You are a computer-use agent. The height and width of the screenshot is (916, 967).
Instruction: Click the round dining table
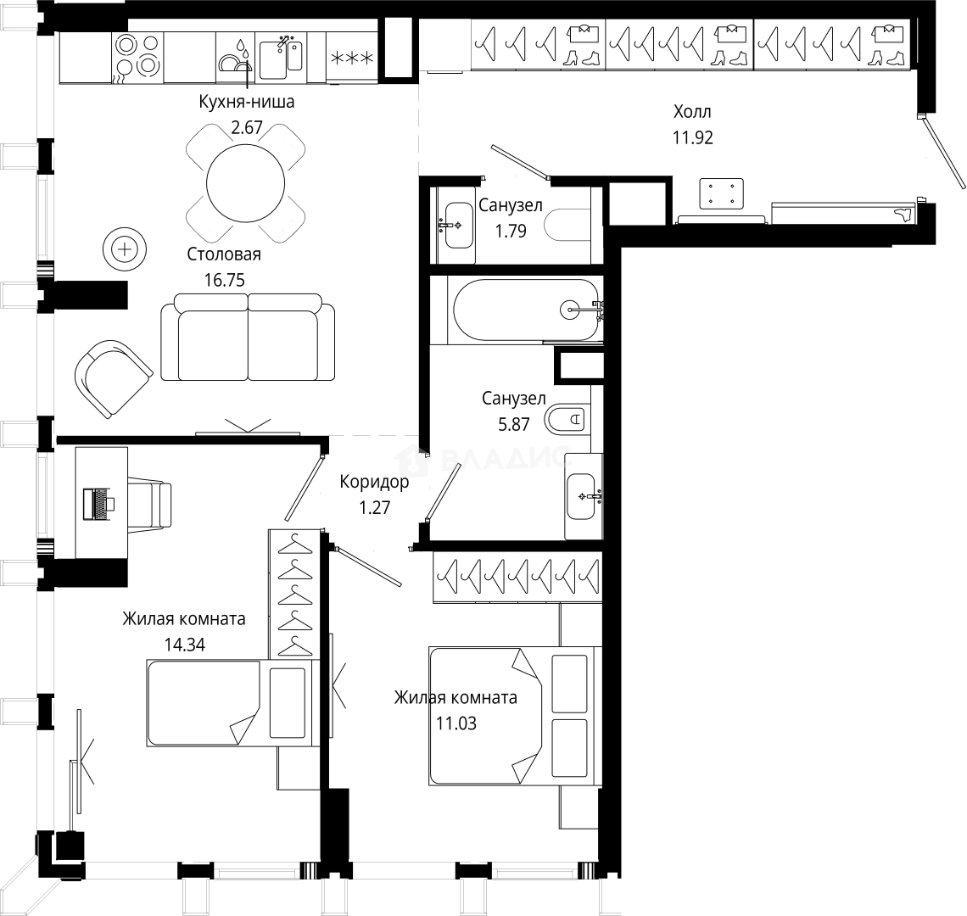click(247, 181)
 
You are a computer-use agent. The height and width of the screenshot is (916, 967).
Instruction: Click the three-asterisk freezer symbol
click(353, 58)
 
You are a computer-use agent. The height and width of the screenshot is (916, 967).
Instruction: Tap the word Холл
click(692, 112)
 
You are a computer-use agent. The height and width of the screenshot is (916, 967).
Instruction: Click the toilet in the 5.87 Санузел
click(567, 418)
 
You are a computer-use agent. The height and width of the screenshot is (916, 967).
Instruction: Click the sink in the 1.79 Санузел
click(457, 223)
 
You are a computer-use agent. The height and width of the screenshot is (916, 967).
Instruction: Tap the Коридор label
click(374, 483)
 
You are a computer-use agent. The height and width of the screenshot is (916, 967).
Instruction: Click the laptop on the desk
click(99, 503)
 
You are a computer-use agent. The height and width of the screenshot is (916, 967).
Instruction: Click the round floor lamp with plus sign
click(125, 249)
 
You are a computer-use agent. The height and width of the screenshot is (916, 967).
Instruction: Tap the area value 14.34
click(185, 644)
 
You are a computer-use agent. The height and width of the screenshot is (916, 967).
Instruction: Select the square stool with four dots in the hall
click(721, 193)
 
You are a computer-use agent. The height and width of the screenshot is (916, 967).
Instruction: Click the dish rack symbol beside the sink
click(234, 59)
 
